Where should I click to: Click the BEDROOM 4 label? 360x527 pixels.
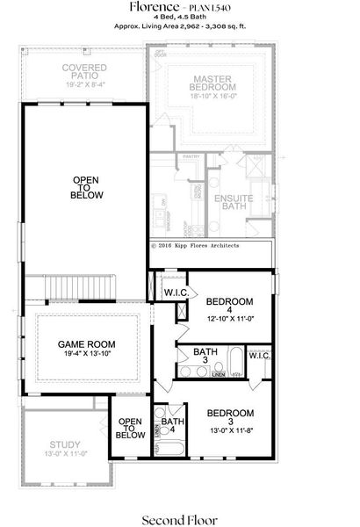[x=229, y=308]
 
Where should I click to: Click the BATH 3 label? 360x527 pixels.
[x=187, y=357]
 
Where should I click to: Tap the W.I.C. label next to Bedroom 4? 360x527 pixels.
[x=173, y=292]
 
